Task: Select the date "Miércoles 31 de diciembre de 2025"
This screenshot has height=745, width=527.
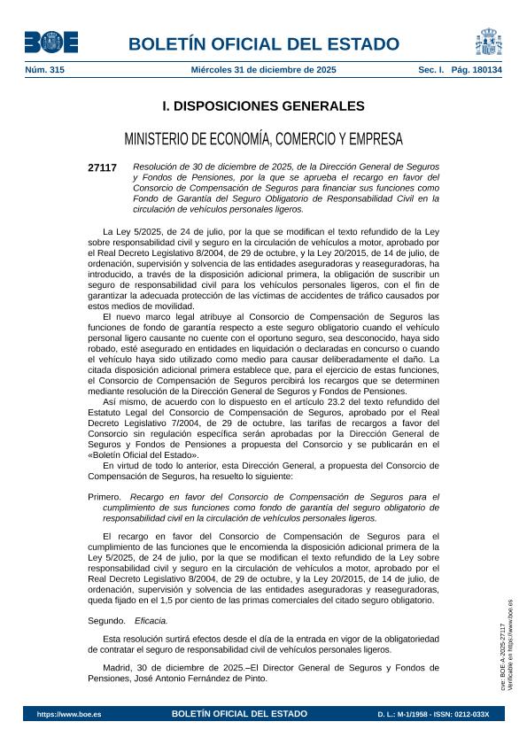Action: click(263, 69)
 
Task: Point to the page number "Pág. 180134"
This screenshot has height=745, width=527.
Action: click(470, 69)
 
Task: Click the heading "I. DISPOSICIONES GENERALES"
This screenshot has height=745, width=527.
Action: click(263, 106)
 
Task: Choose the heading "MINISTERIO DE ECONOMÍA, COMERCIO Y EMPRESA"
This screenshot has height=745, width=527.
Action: click(263, 139)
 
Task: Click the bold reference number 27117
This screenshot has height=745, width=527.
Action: click(102, 167)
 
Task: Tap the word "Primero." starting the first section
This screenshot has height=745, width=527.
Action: click(105, 497)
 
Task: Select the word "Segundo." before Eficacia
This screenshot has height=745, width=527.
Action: click(107, 621)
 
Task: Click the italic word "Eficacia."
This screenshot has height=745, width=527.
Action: click(151, 621)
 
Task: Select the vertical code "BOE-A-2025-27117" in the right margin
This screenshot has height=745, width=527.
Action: click(503, 651)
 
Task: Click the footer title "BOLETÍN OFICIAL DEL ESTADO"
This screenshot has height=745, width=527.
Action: click(239, 713)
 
